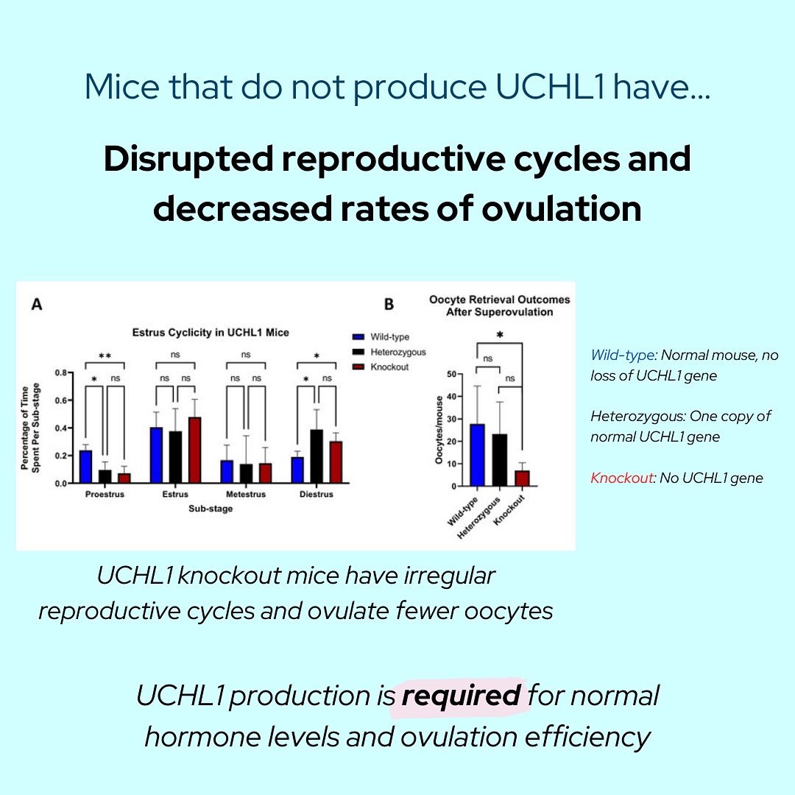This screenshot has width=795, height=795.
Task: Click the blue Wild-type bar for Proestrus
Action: [x=85, y=467]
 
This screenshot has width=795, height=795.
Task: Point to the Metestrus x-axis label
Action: [x=245, y=495]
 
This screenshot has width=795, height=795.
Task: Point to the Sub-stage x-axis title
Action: [x=210, y=509]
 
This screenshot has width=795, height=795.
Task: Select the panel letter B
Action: [x=389, y=303]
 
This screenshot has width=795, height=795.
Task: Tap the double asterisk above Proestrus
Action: [x=105, y=356]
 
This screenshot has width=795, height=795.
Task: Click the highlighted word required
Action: [x=462, y=695]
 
